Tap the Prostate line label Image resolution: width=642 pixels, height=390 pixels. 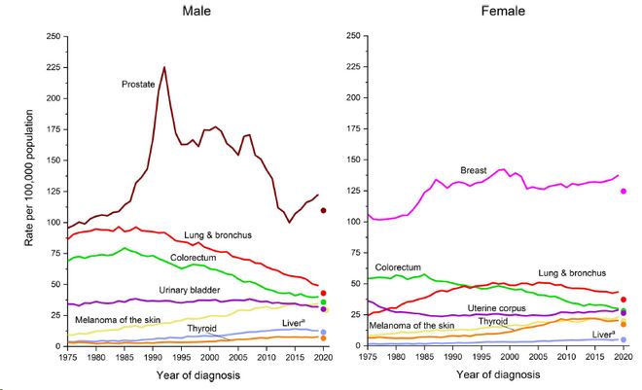tap(139, 85)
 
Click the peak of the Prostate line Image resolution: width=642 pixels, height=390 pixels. tap(164, 68)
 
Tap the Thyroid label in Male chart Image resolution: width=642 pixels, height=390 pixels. tap(202, 329)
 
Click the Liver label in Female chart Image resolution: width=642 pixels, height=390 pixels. tap(600, 334)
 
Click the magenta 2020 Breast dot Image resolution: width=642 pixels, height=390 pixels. tap(624, 192)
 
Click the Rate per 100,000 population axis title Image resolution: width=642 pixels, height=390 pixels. tap(29, 192)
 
